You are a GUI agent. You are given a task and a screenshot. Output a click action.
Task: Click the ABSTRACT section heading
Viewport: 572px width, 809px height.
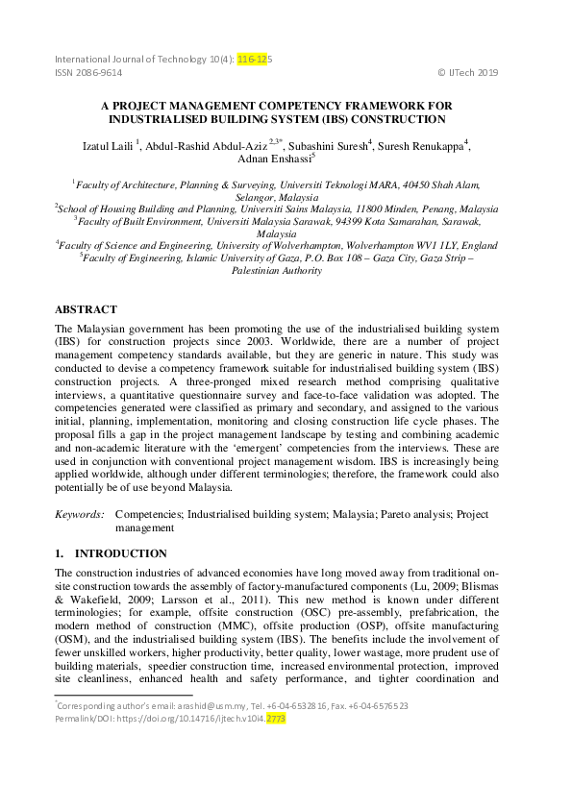(x=86, y=310)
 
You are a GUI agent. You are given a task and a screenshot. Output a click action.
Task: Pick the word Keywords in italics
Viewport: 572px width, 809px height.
(x=79, y=515)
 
